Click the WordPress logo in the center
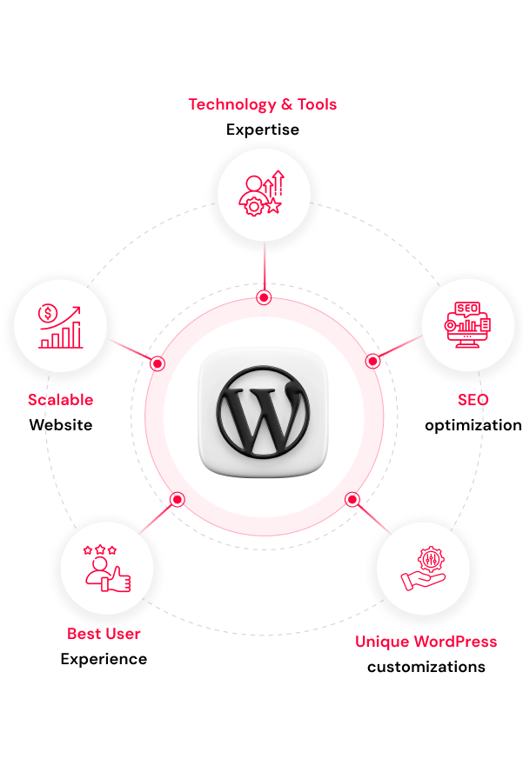[x=263, y=411]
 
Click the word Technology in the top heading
[x=232, y=105]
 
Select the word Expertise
[x=263, y=130]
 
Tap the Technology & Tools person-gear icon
[x=262, y=193]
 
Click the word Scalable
[x=61, y=399]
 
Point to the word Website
[x=61, y=424]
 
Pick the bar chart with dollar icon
[x=60, y=326]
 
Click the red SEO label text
[x=473, y=399]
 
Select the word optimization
[x=473, y=425]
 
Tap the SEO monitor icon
[x=467, y=324]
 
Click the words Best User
[x=104, y=633]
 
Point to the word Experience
[x=104, y=659]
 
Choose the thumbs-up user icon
[x=107, y=569]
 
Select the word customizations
[x=426, y=667]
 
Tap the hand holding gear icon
[x=423, y=569]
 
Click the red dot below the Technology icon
[x=265, y=297]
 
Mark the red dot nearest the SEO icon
[x=372, y=362]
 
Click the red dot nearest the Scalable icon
[x=158, y=363]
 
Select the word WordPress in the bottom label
[x=455, y=641]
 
